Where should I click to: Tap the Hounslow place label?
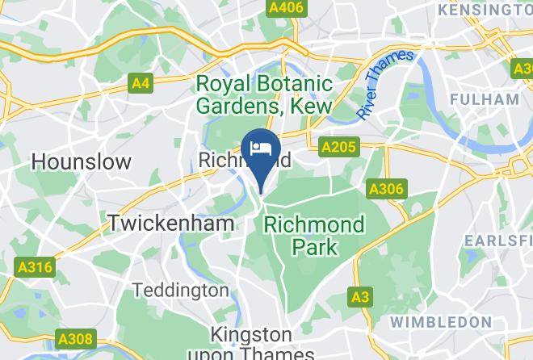tap(81, 161)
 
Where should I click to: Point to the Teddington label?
tap(180, 289)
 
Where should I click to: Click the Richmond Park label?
tap(314, 235)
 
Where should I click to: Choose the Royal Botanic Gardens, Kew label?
tap(265, 94)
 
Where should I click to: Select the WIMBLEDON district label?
tap(440, 321)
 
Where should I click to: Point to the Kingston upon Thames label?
tap(251, 343)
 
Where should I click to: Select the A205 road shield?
tap(338, 148)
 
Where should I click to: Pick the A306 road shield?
tap(385, 189)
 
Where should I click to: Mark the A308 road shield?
tap(74, 339)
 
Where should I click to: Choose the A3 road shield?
tap(360, 297)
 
